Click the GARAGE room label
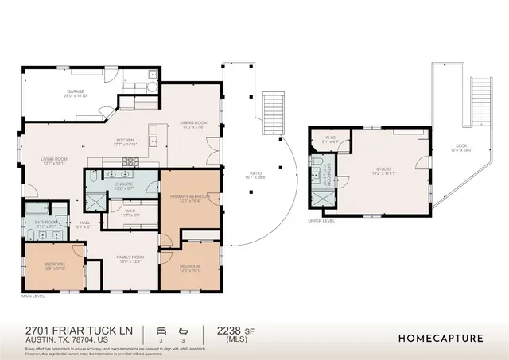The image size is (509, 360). click(76, 92)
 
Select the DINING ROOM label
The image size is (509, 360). click(193, 123)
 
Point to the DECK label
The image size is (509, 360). click(461, 147)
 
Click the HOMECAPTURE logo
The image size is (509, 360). click(440, 338)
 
